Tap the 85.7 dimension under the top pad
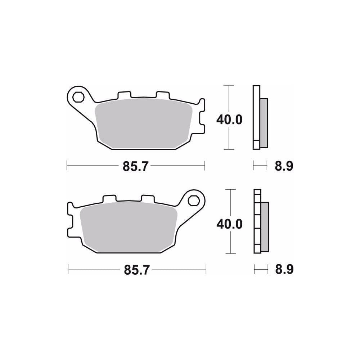click(136, 166)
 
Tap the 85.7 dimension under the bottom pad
click(136, 270)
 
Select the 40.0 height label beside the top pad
click(229, 120)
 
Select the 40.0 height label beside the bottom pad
click(229, 224)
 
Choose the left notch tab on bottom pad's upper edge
click(109, 198)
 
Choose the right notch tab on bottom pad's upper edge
click(147, 198)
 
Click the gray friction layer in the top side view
click(264, 123)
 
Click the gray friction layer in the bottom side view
click(265, 227)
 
